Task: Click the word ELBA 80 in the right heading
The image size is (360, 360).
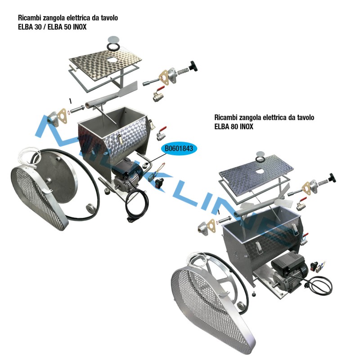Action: tap(227, 127)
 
